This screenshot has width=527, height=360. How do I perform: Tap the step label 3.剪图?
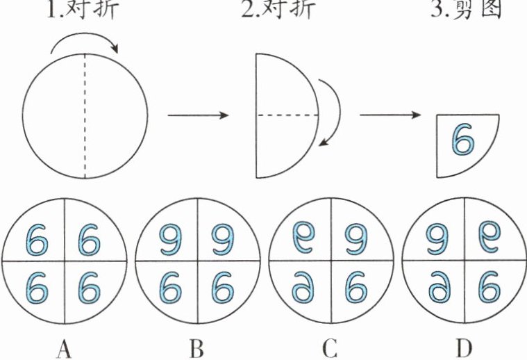[x=466, y=9]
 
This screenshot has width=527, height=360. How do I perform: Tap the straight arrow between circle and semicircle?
[x=198, y=115]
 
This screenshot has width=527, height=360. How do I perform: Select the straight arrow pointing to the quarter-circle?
[x=392, y=115]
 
